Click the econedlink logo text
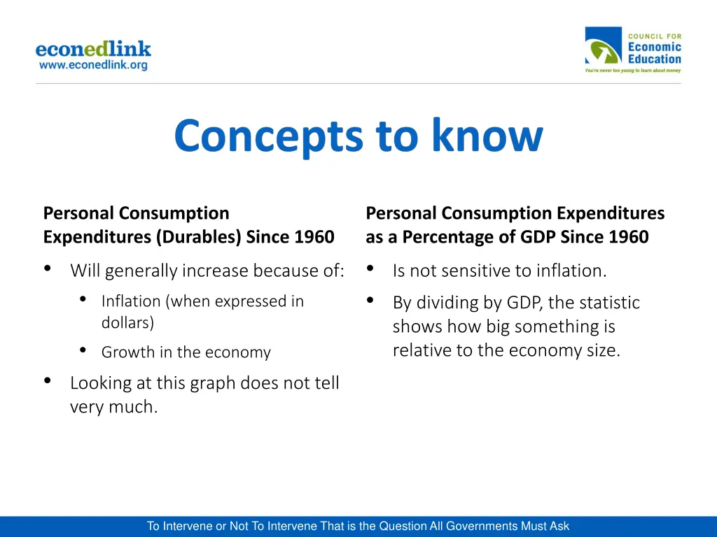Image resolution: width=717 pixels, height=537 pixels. pyautogui.click(x=93, y=49)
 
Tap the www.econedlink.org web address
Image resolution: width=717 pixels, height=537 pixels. pyautogui.click(x=93, y=65)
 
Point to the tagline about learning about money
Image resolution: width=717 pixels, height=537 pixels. pyautogui.click(x=633, y=71)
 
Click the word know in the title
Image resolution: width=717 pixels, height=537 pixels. pyautogui.click(x=487, y=136)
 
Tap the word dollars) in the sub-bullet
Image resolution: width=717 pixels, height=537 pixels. pyautogui.click(x=127, y=323)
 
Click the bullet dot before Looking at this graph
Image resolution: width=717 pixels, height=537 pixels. pyautogui.click(x=47, y=381)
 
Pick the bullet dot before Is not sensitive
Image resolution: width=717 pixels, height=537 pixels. pyautogui.click(x=370, y=268)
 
